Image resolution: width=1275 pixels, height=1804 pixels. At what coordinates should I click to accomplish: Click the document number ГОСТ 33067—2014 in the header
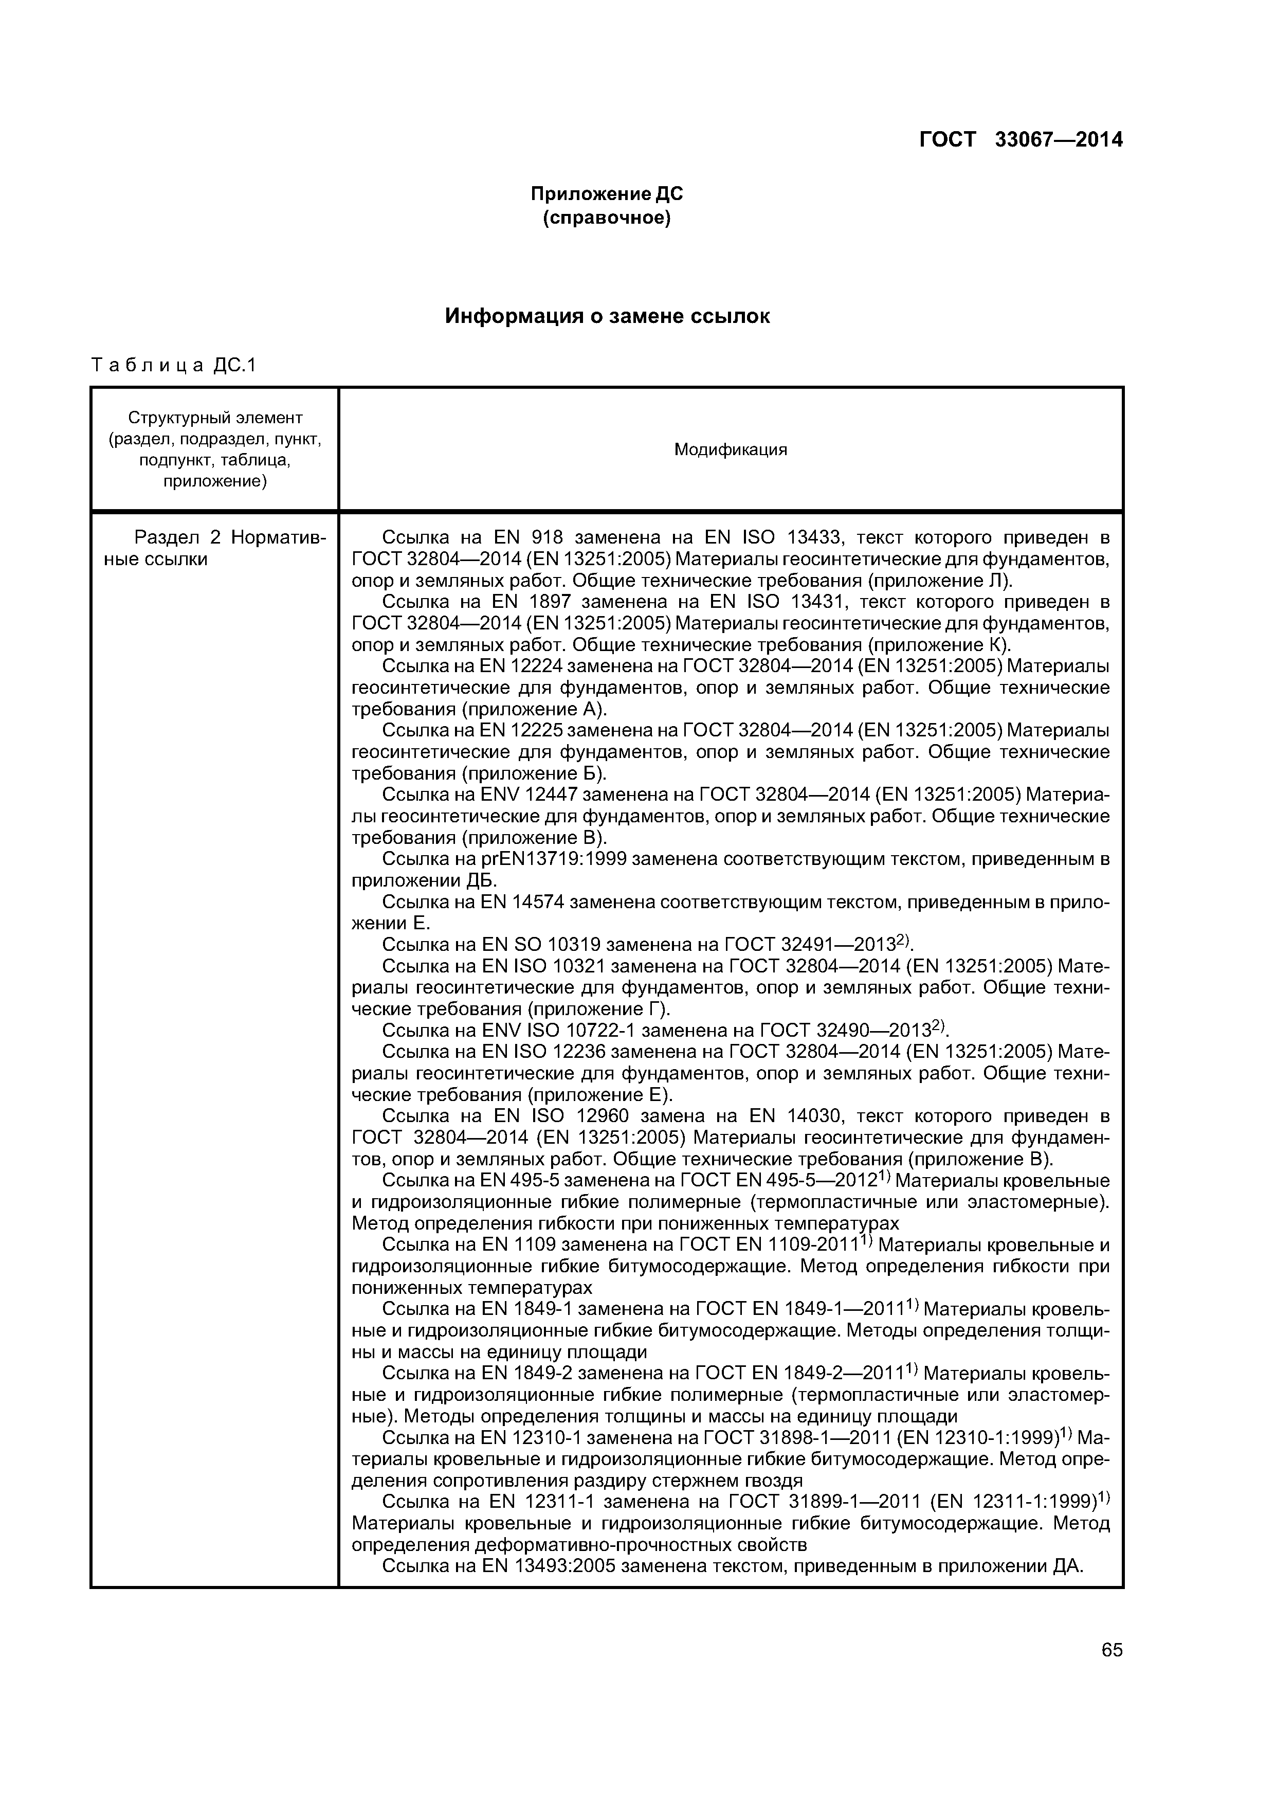(1021, 140)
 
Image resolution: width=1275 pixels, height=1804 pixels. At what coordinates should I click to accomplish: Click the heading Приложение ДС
(607, 193)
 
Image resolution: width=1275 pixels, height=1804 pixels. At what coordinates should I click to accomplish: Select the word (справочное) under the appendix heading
(607, 218)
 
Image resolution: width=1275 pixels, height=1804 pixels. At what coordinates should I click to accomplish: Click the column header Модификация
(730, 449)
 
